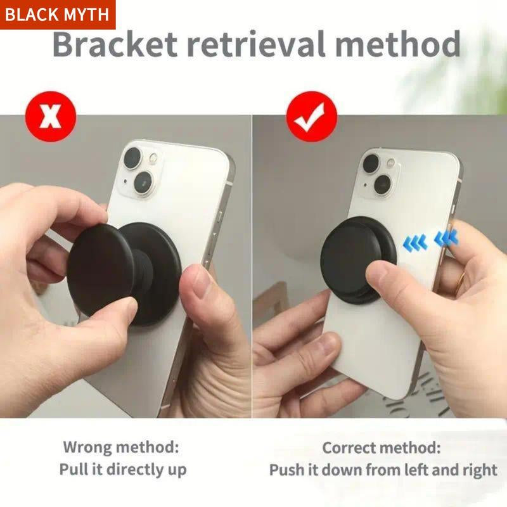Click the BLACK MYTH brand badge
coord(58,15)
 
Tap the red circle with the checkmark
coord(310,117)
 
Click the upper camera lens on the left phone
coord(134,157)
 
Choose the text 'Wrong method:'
coord(120,447)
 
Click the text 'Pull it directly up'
coord(123,470)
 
